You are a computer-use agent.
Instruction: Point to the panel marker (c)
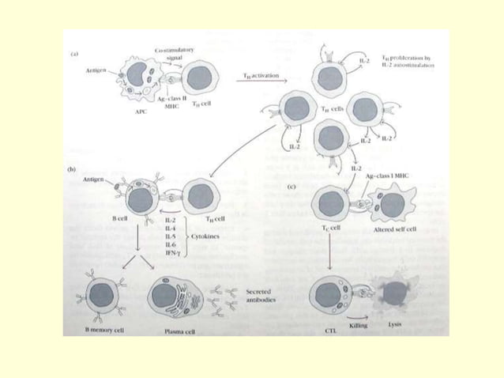tap(294, 187)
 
